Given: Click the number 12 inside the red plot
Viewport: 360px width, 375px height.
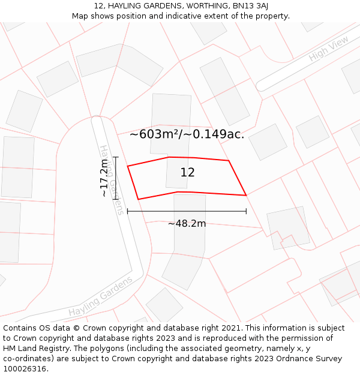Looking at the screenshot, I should [187, 173].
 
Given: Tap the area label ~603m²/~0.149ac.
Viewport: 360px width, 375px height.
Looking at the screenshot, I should [187, 134].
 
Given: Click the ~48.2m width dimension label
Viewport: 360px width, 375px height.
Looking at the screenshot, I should [187, 224].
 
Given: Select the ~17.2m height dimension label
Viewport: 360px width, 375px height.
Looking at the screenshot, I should [104, 178].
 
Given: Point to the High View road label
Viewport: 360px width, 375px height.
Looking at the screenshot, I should [328, 49].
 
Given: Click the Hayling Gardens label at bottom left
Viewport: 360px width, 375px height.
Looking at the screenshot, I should [100, 297].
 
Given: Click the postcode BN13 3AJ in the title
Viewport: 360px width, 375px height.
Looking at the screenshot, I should [250, 6].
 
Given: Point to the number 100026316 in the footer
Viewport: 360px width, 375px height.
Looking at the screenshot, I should [25, 368].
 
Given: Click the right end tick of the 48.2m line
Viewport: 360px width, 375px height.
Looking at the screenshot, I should [246, 211].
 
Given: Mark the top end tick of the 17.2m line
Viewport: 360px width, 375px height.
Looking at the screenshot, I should [115, 157].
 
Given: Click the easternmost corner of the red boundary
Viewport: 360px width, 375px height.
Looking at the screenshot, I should [246, 195].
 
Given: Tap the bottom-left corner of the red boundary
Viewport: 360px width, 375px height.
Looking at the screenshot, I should [138, 199].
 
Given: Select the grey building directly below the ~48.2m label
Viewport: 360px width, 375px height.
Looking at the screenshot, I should [188, 246].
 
